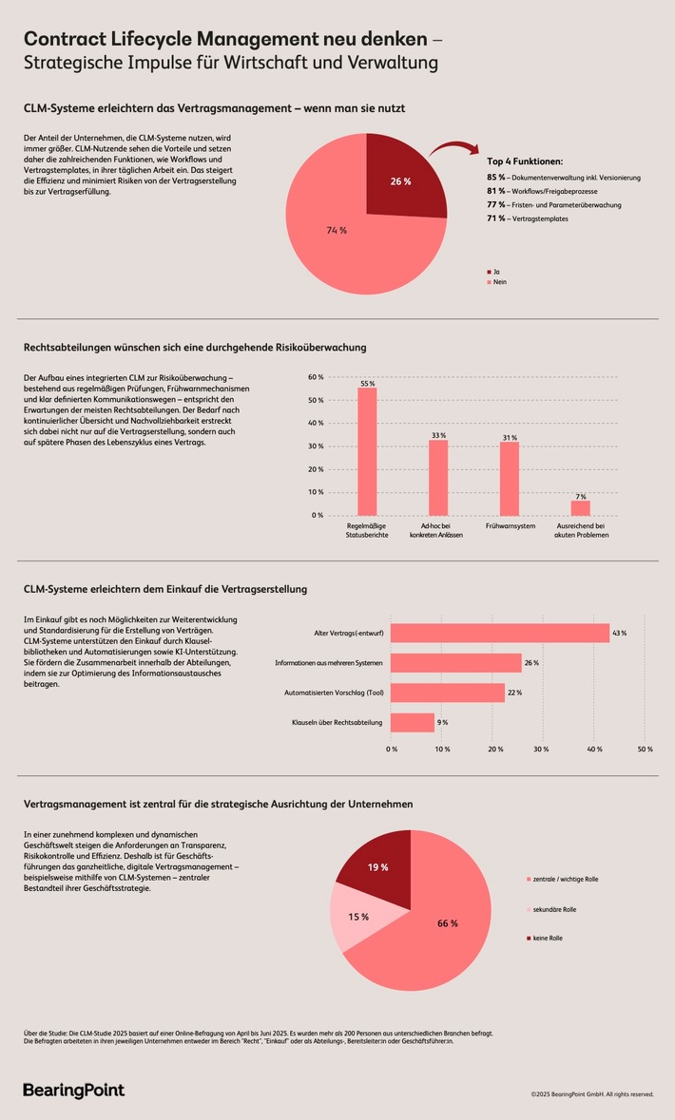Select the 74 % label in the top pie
(335, 229)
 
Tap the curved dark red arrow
(453, 149)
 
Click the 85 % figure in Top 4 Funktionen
(495, 178)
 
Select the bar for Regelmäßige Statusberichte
(367, 451)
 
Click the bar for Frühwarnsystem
(510, 478)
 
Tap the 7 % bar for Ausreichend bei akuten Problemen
(580, 507)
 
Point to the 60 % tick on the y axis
(316, 377)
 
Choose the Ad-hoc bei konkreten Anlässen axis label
(437, 529)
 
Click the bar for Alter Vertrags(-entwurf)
(500, 633)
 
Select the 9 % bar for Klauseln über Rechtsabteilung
(413, 723)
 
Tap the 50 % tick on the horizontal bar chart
(645, 750)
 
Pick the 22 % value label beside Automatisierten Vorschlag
(514, 693)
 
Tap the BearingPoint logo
(73, 1090)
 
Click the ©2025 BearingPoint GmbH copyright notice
(591, 1094)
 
